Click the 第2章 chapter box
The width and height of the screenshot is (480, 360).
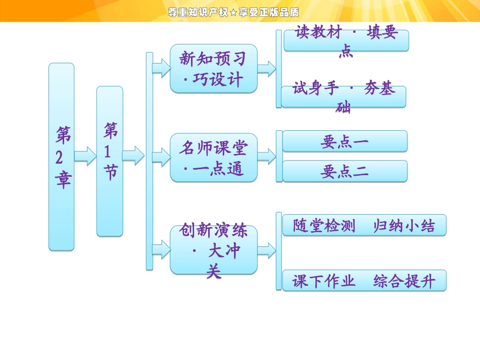click(x=61, y=157)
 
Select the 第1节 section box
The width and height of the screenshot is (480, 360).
click(x=110, y=161)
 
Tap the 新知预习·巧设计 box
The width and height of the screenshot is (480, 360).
click(x=213, y=68)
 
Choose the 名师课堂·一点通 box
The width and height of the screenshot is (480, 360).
click(x=213, y=158)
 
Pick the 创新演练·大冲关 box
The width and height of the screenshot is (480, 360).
click(x=213, y=250)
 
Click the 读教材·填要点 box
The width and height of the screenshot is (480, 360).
click(x=346, y=40)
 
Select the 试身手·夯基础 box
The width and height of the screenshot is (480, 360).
click(x=344, y=96)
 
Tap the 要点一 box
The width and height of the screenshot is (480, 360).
click(x=345, y=141)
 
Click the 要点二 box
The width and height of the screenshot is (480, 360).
click(x=345, y=171)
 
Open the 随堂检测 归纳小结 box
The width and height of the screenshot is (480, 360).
click(x=364, y=225)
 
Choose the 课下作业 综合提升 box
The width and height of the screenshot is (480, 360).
click(x=364, y=281)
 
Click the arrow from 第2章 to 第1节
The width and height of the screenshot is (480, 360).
click(x=85, y=156)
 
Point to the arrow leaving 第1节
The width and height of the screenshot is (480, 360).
click(x=133, y=156)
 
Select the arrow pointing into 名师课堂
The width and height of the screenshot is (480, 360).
click(x=161, y=157)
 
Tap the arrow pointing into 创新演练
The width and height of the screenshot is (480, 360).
click(x=161, y=248)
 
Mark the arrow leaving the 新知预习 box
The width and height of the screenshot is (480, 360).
click(x=266, y=68)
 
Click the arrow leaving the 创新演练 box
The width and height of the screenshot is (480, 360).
click(x=266, y=249)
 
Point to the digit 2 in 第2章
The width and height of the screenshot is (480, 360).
click(x=60, y=157)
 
